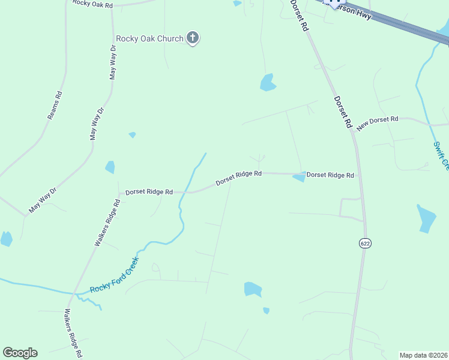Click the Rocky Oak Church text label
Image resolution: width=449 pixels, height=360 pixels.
[x=149, y=39]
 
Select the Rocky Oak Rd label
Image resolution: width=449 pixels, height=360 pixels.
[x=92, y=4]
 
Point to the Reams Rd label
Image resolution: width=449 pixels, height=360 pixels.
[x=55, y=106]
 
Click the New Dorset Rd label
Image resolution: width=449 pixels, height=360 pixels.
[x=378, y=124]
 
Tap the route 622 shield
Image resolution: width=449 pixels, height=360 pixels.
[x=365, y=243]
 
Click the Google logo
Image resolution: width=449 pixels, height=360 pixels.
[x=20, y=353]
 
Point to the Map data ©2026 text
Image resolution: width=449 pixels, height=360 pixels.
[x=424, y=355]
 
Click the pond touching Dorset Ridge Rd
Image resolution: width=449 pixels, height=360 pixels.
[x=299, y=178]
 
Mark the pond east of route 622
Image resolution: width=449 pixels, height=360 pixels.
[x=426, y=218]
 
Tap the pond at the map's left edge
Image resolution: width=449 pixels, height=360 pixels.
[x=6, y=239]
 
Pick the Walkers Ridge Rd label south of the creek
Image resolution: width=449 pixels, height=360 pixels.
[x=73, y=333]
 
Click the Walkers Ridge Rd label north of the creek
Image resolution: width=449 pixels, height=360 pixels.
[x=107, y=223]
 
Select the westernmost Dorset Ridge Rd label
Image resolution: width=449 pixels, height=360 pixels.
[x=149, y=192]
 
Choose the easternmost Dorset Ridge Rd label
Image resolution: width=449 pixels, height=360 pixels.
[x=330, y=175]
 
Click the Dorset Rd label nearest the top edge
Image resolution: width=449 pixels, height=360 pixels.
[x=299, y=16]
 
